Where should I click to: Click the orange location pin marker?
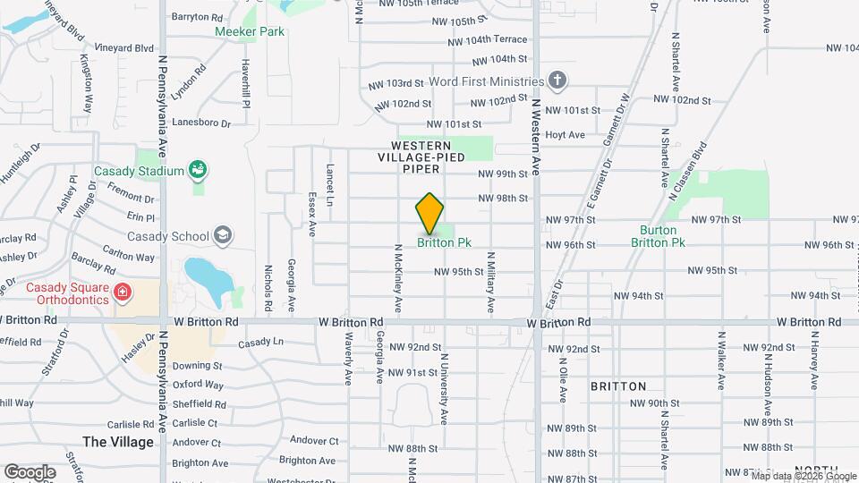429,214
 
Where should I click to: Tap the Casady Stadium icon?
199,170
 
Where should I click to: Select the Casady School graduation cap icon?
223,236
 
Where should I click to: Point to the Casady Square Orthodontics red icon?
123,292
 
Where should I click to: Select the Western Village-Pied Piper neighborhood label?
421,157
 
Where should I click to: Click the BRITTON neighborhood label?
617,386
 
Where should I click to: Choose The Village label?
117,442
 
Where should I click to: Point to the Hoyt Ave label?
565,135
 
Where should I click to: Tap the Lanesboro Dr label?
201,123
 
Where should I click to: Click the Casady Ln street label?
260,342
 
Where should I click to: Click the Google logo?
30,471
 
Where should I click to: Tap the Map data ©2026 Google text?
803,476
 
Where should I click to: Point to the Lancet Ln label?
329,180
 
